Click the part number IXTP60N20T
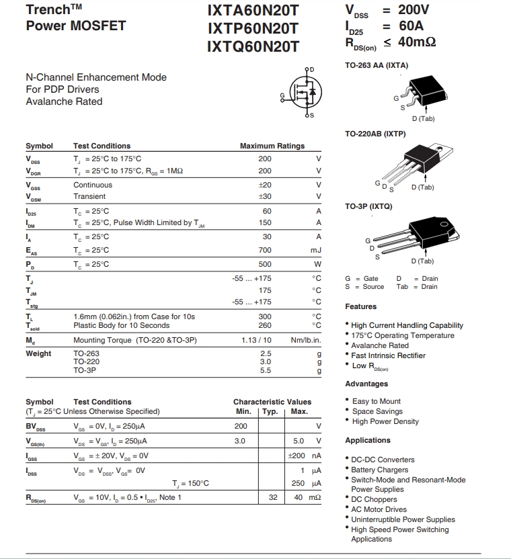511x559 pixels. pos(253,28)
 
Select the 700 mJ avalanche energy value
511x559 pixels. pos(265,250)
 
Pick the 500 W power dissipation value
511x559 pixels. pos(265,264)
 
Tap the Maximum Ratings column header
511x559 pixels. pos(272,146)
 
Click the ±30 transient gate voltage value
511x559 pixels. pos(265,196)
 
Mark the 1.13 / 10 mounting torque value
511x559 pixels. pos(256,340)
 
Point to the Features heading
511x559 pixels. pos(360,306)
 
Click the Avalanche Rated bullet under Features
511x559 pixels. pos(379,345)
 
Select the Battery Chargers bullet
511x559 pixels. pos(379,470)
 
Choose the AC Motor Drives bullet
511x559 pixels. pos(379,509)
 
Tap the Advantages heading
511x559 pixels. pos(366,384)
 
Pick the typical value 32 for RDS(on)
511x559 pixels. pos(273,497)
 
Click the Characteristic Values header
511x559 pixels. pos(272,402)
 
